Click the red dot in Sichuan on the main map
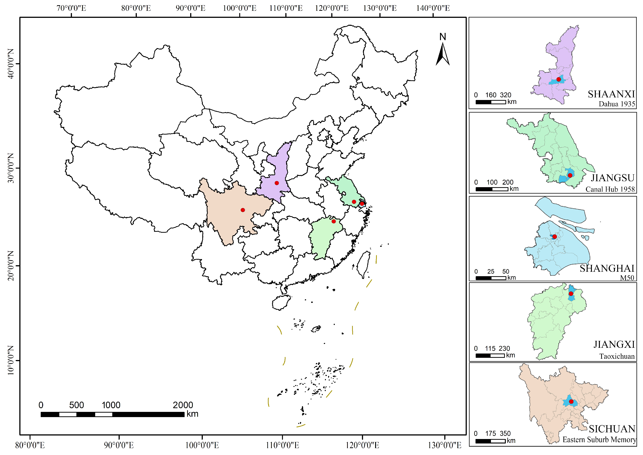pyautogui.click(x=243, y=210)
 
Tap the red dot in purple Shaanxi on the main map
pyautogui.click(x=277, y=183)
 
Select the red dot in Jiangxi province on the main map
pyautogui.click(x=333, y=221)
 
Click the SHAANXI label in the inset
pyautogui.click(x=611, y=94)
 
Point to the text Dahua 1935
pyautogui.click(x=617, y=104)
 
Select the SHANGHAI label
pyautogui.click(x=607, y=268)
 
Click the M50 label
pyautogui.click(x=627, y=278)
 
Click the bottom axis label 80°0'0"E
pyautogui.click(x=30, y=445)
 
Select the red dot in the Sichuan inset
pyautogui.click(x=571, y=401)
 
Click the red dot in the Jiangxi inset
pyautogui.click(x=571, y=294)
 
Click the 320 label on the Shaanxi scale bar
pyautogui.click(x=505, y=95)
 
